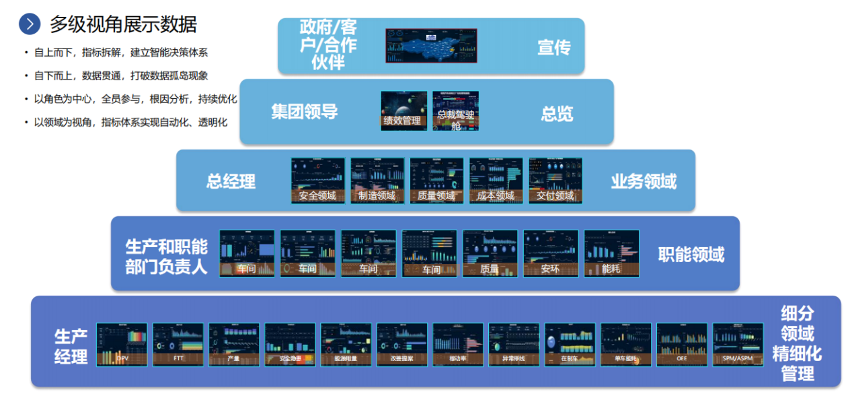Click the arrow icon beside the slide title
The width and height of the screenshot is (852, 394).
pyautogui.click(x=30, y=25)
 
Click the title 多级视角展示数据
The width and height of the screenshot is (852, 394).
pyautogui.click(x=123, y=25)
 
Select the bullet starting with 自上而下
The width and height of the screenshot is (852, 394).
pyautogui.click(x=120, y=53)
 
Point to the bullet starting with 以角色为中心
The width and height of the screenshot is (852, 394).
pyautogui.click(x=135, y=99)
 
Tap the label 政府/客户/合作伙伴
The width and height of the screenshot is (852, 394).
pyautogui.click(x=328, y=45)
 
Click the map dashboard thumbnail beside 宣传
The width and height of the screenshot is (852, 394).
pyautogui.click(x=431, y=46)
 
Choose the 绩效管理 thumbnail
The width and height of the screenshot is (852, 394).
pyautogui.click(x=403, y=110)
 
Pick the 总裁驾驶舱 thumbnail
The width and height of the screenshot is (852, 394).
pyautogui.click(x=456, y=110)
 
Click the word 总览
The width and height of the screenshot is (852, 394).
pyautogui.click(x=557, y=114)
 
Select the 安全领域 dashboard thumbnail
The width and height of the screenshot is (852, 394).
pyautogui.click(x=317, y=180)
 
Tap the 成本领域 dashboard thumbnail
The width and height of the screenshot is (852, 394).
pyautogui.click(x=496, y=180)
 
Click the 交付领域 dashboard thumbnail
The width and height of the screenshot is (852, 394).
pyautogui.click(x=555, y=180)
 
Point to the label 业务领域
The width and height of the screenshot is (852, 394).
pyautogui.click(x=644, y=181)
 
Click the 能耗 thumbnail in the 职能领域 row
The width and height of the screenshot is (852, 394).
pyautogui.click(x=611, y=253)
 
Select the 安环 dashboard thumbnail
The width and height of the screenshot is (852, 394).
pyautogui.click(x=550, y=253)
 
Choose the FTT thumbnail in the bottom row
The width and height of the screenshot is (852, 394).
pyautogui.click(x=178, y=344)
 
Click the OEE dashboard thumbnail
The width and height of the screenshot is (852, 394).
pyautogui.click(x=681, y=344)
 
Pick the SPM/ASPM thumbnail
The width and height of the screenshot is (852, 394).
pyautogui.click(x=738, y=344)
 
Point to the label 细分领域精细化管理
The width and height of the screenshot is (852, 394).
pyautogui.click(x=797, y=343)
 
